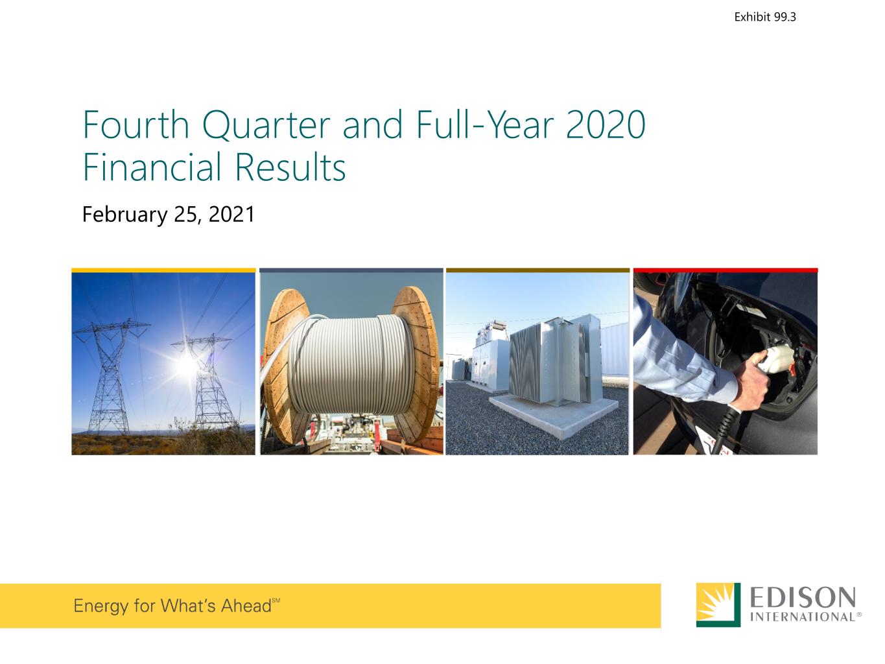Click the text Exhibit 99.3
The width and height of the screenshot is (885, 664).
[765, 17]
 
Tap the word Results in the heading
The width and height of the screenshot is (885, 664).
[290, 167]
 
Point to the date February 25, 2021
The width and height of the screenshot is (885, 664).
[168, 214]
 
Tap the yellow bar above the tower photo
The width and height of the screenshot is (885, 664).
[163, 270]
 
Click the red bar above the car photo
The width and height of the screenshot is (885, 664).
[726, 270]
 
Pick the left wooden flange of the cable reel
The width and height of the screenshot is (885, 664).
[284, 365]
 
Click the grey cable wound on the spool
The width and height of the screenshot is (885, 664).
[351, 365]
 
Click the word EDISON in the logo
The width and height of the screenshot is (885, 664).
[803, 597]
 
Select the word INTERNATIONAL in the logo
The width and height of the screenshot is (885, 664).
[803, 617]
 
